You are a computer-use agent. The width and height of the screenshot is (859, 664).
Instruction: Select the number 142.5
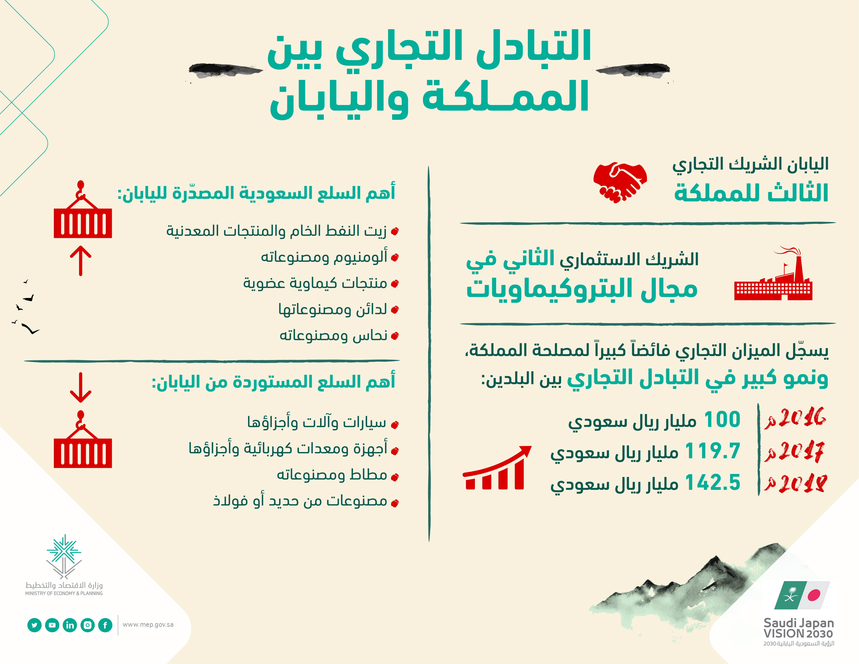coord(713,483)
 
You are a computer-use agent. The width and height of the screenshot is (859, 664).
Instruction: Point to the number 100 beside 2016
coord(722,419)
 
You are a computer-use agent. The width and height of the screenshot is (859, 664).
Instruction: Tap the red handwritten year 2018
coord(795,483)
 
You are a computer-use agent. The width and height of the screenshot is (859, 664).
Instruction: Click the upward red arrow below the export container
coord(81,260)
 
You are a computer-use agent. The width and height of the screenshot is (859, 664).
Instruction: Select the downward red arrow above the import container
coord(81,387)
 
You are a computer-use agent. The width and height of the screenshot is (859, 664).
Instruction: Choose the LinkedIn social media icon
coord(70,625)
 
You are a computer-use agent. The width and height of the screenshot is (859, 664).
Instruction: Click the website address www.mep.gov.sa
coord(148,625)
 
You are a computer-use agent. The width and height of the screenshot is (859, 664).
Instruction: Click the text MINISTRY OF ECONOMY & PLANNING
coord(64,593)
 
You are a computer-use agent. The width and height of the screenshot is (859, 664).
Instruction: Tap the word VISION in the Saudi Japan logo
coord(783,634)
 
